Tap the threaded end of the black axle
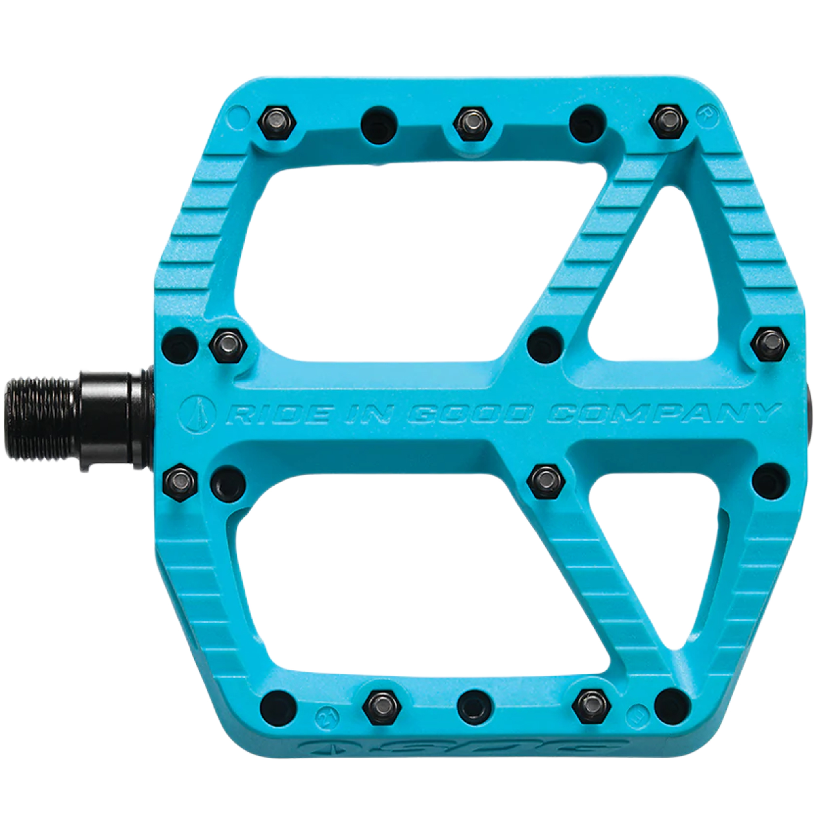pyautogui.click(x=41, y=419)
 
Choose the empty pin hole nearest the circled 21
pyautogui.click(x=279, y=707)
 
